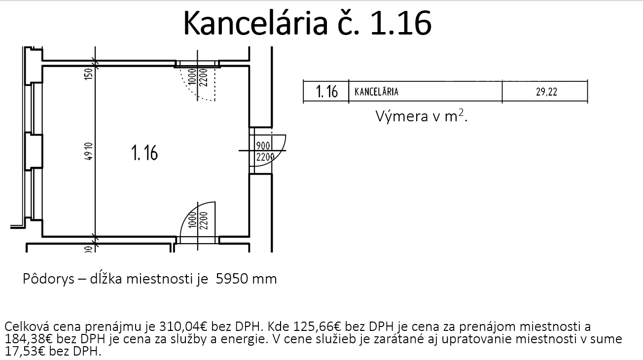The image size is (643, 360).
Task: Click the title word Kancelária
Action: tap(255, 23)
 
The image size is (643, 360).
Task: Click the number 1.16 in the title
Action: tap(401, 23)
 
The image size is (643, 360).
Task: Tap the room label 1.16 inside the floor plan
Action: tap(144, 153)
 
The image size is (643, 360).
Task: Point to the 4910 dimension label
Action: tap(89, 151)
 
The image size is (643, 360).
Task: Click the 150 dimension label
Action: tap(89, 74)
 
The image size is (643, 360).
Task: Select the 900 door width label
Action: tap(263, 146)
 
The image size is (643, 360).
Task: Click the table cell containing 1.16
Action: tap(326, 92)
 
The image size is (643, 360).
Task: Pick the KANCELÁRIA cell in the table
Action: tap(376, 92)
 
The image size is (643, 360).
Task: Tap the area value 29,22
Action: tap(546, 92)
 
